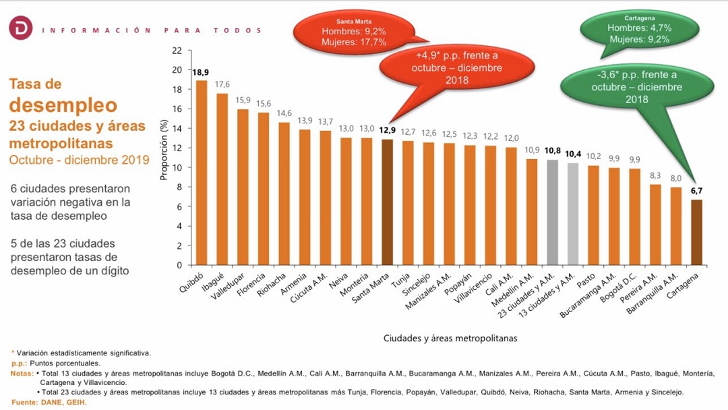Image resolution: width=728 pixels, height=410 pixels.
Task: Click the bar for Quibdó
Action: click(x=201, y=173)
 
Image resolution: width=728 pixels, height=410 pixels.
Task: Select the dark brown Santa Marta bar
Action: click(x=387, y=202)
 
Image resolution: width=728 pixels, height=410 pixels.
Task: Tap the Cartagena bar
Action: click(x=696, y=232)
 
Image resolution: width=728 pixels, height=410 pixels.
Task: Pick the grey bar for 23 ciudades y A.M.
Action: click(x=552, y=212)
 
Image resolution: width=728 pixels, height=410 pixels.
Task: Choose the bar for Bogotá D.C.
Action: click(x=634, y=216)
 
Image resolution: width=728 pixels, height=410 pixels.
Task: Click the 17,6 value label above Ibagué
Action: click(x=222, y=84)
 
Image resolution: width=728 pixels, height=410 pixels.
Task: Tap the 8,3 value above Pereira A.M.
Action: click(x=655, y=175)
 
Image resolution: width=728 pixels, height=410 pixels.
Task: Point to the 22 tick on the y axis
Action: click(x=177, y=51)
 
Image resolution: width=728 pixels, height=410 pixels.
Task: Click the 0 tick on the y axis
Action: click(x=179, y=265)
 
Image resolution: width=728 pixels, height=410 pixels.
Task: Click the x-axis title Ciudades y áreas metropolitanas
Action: click(x=450, y=338)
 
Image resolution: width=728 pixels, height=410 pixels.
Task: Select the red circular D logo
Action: click(x=20, y=30)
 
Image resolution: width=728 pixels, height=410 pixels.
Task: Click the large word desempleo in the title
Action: click(x=63, y=105)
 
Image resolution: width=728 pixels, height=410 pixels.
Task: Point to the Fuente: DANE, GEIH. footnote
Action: click(x=49, y=403)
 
